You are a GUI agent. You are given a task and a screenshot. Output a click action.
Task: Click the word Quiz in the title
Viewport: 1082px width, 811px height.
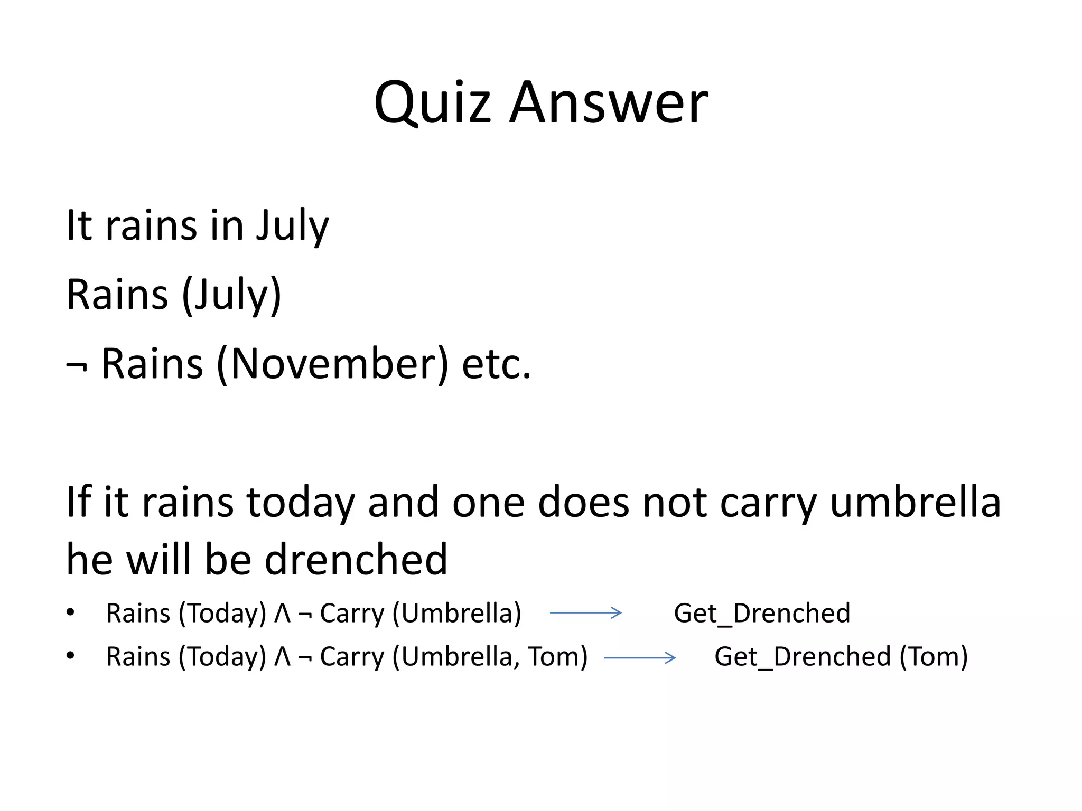(x=432, y=103)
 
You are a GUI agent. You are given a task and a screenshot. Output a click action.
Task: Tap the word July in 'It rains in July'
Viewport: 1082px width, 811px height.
(x=292, y=226)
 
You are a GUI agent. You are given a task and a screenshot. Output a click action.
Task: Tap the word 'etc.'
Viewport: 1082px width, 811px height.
(x=496, y=364)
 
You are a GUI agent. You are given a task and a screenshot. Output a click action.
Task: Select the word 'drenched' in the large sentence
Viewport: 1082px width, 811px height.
(x=356, y=560)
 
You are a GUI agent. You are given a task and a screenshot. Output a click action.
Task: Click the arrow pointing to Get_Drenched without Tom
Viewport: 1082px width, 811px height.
(x=585, y=613)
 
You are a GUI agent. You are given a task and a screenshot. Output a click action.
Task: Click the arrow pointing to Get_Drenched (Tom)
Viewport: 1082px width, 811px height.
(x=639, y=657)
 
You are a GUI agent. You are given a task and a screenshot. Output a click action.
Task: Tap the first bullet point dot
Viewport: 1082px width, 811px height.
(x=71, y=612)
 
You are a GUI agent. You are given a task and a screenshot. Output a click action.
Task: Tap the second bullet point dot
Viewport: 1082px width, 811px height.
(x=71, y=656)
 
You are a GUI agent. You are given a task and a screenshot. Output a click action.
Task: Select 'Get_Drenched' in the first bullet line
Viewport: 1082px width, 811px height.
(x=762, y=614)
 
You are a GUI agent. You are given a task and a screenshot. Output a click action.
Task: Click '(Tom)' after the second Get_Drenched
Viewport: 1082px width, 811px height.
(x=934, y=657)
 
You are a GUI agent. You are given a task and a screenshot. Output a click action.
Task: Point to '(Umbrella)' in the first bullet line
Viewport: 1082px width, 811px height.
(x=456, y=614)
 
